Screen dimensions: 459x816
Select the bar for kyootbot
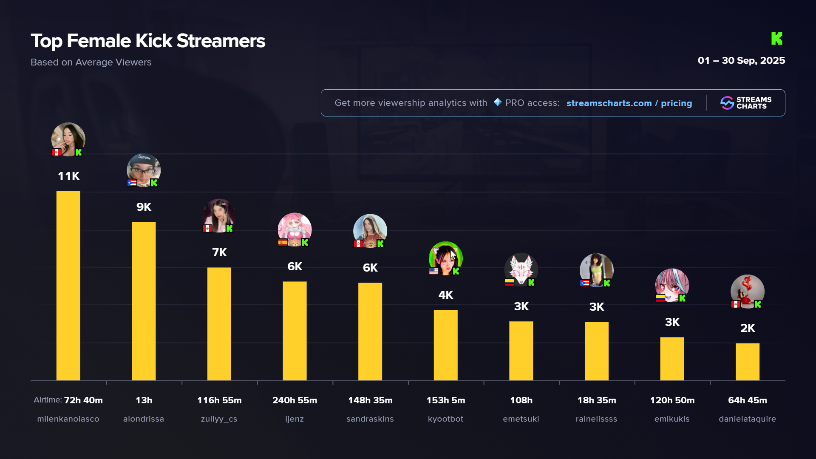tap(445, 345)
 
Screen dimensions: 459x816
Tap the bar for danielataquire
tap(747, 362)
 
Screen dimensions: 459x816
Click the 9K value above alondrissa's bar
tap(144, 207)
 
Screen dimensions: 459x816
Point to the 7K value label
tap(219, 252)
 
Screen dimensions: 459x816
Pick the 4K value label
tap(445, 295)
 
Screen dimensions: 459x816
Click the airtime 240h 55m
tap(295, 400)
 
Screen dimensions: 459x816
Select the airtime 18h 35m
tap(596, 400)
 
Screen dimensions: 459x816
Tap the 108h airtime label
tap(521, 400)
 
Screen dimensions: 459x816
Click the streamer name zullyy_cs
tap(219, 419)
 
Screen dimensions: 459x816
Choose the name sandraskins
tap(370, 419)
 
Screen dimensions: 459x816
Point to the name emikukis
tap(672, 419)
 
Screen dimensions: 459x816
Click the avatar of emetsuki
tap(521, 269)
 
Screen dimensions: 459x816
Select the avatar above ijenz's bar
tap(295, 229)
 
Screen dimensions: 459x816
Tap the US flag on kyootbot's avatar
tap(433, 271)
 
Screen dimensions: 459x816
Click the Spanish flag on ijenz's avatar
tap(283, 243)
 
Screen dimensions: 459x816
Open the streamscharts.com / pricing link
tap(629, 103)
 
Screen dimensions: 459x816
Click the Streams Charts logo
tap(746, 103)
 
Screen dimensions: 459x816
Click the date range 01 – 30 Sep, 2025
tap(741, 60)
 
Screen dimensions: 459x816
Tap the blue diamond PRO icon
tap(498, 102)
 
